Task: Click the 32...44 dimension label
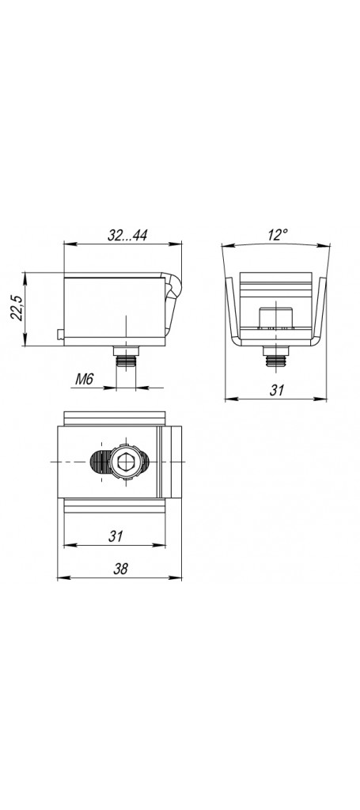[127, 236]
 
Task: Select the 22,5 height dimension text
[17, 308]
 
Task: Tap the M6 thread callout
[84, 379]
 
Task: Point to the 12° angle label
[278, 235]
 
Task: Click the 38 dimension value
[120, 569]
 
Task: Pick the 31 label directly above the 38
[116, 536]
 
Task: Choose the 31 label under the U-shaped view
[277, 390]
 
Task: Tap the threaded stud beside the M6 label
[126, 357]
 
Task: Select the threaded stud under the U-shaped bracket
[276, 357]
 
